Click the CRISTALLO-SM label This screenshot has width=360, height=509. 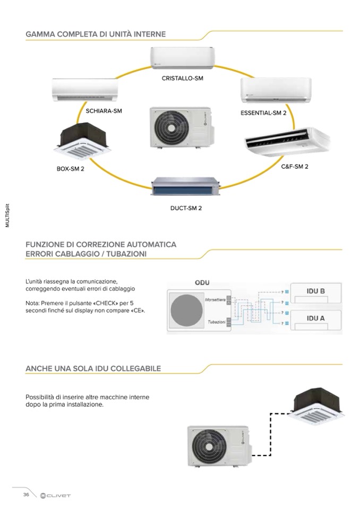tap(183, 78)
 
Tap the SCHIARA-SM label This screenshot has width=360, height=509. tap(104, 111)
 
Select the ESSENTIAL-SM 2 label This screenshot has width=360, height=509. tap(263, 114)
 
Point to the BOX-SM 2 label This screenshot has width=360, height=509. tap(71, 169)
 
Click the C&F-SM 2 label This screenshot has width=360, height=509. tap(295, 166)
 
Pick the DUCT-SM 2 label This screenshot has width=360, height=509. tap(186, 208)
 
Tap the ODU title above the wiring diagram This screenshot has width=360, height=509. tap(202, 283)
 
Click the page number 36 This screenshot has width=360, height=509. tap(25, 495)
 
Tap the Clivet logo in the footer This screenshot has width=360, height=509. tap(55, 495)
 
